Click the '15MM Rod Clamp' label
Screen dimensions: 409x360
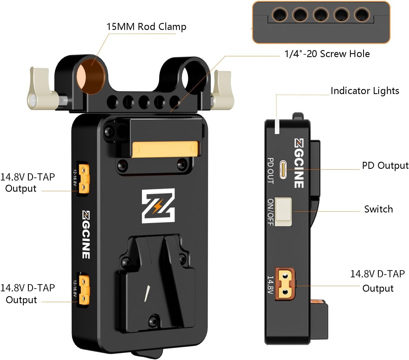pos(146,27)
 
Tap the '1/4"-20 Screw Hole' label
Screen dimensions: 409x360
pos(327,54)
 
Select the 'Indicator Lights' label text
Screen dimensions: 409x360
pos(365,91)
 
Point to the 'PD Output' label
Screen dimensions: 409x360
pos(385,165)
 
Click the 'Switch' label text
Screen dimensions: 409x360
pos(378,209)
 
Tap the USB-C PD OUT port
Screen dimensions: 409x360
pos(283,169)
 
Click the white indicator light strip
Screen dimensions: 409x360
pos(277,127)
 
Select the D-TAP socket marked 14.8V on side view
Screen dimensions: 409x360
pos(285,284)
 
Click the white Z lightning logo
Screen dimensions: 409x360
pos(158,206)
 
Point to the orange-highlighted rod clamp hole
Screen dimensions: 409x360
pos(91,76)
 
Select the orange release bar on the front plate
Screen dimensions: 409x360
pos(166,149)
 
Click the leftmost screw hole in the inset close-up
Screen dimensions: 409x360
pos(279,15)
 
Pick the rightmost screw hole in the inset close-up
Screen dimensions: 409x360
pos(362,15)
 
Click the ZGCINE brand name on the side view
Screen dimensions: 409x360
pos(299,163)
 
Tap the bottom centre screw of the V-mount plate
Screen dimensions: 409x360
pos(153,320)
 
